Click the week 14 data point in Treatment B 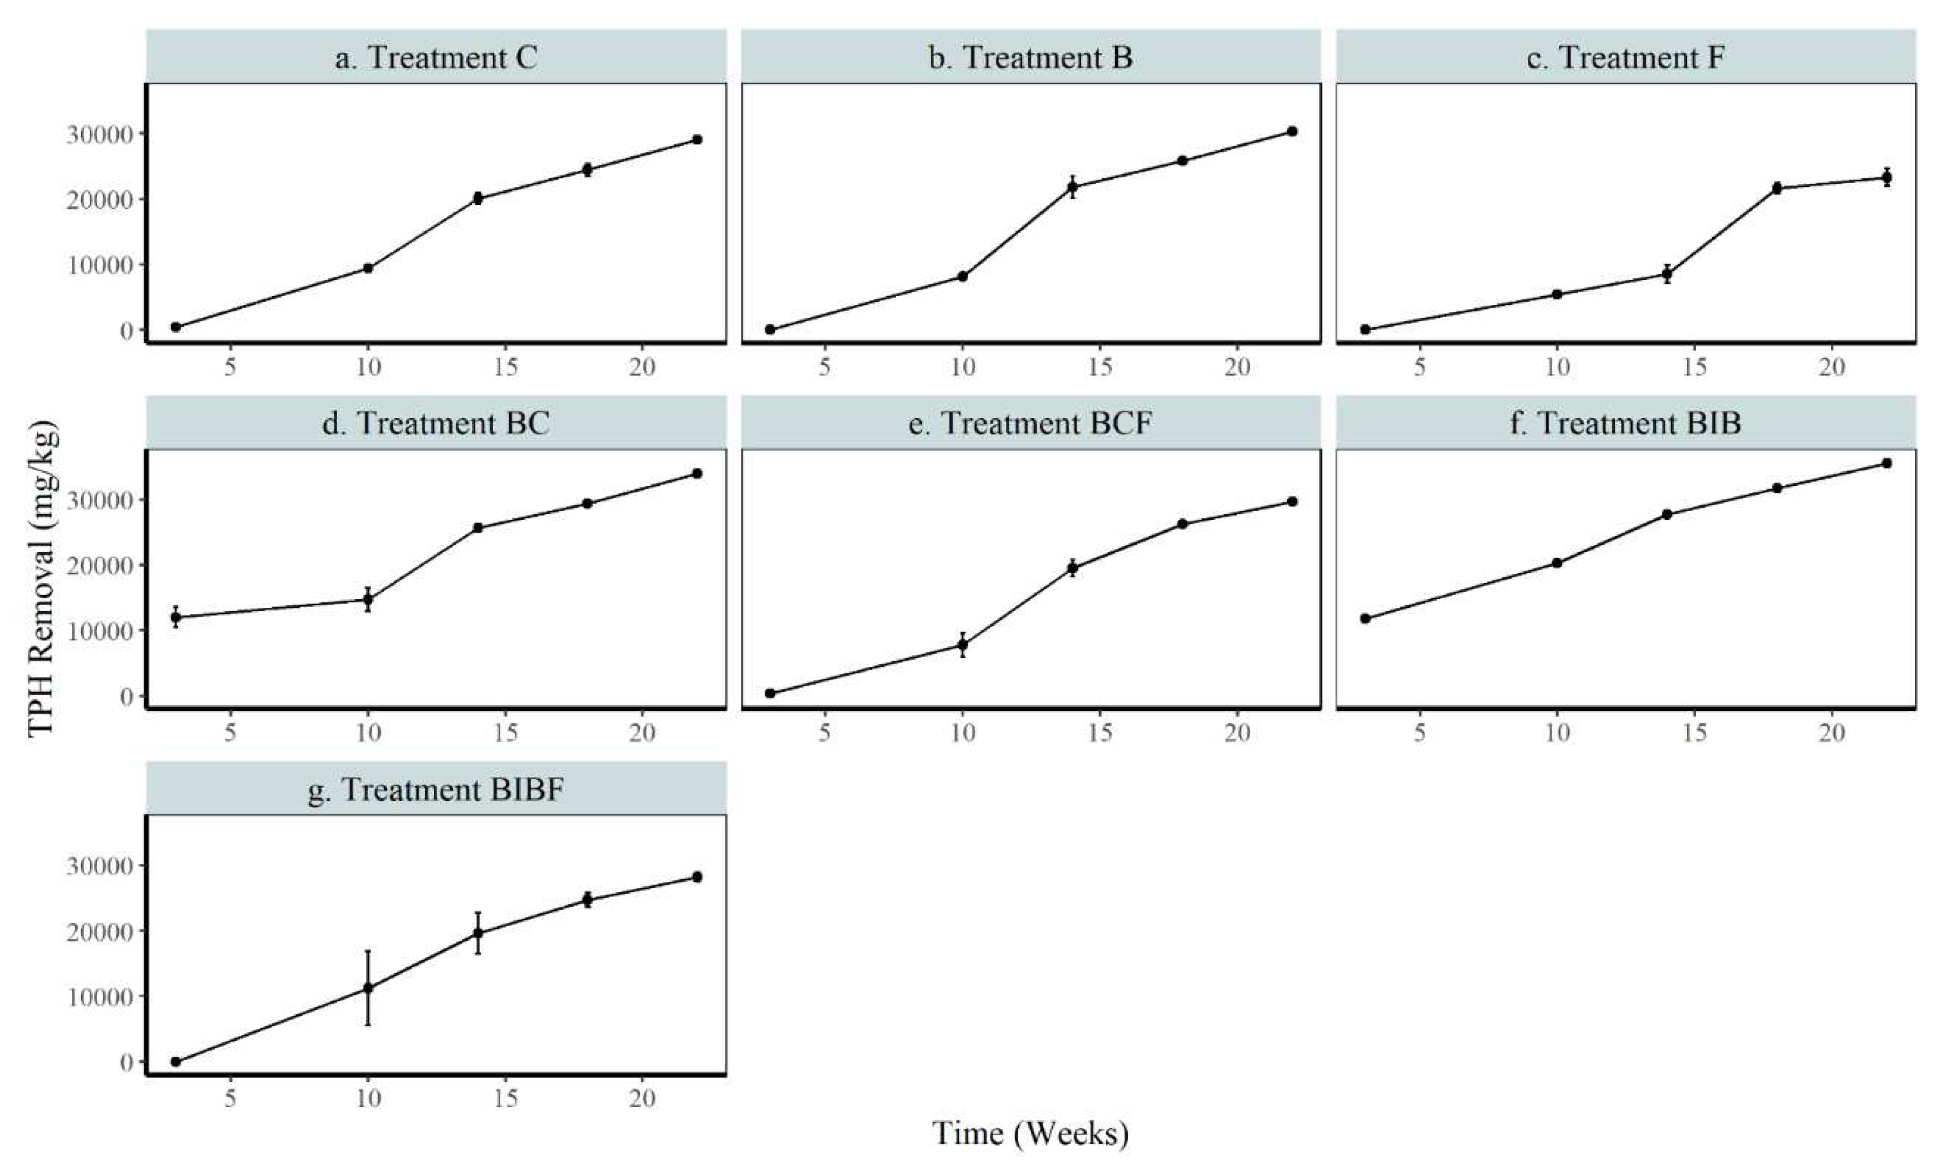(x=1072, y=187)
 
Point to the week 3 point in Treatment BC (x=176, y=617)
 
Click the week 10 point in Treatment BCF (x=962, y=645)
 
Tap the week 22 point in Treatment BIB (x=1887, y=463)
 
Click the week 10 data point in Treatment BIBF (x=367, y=988)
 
